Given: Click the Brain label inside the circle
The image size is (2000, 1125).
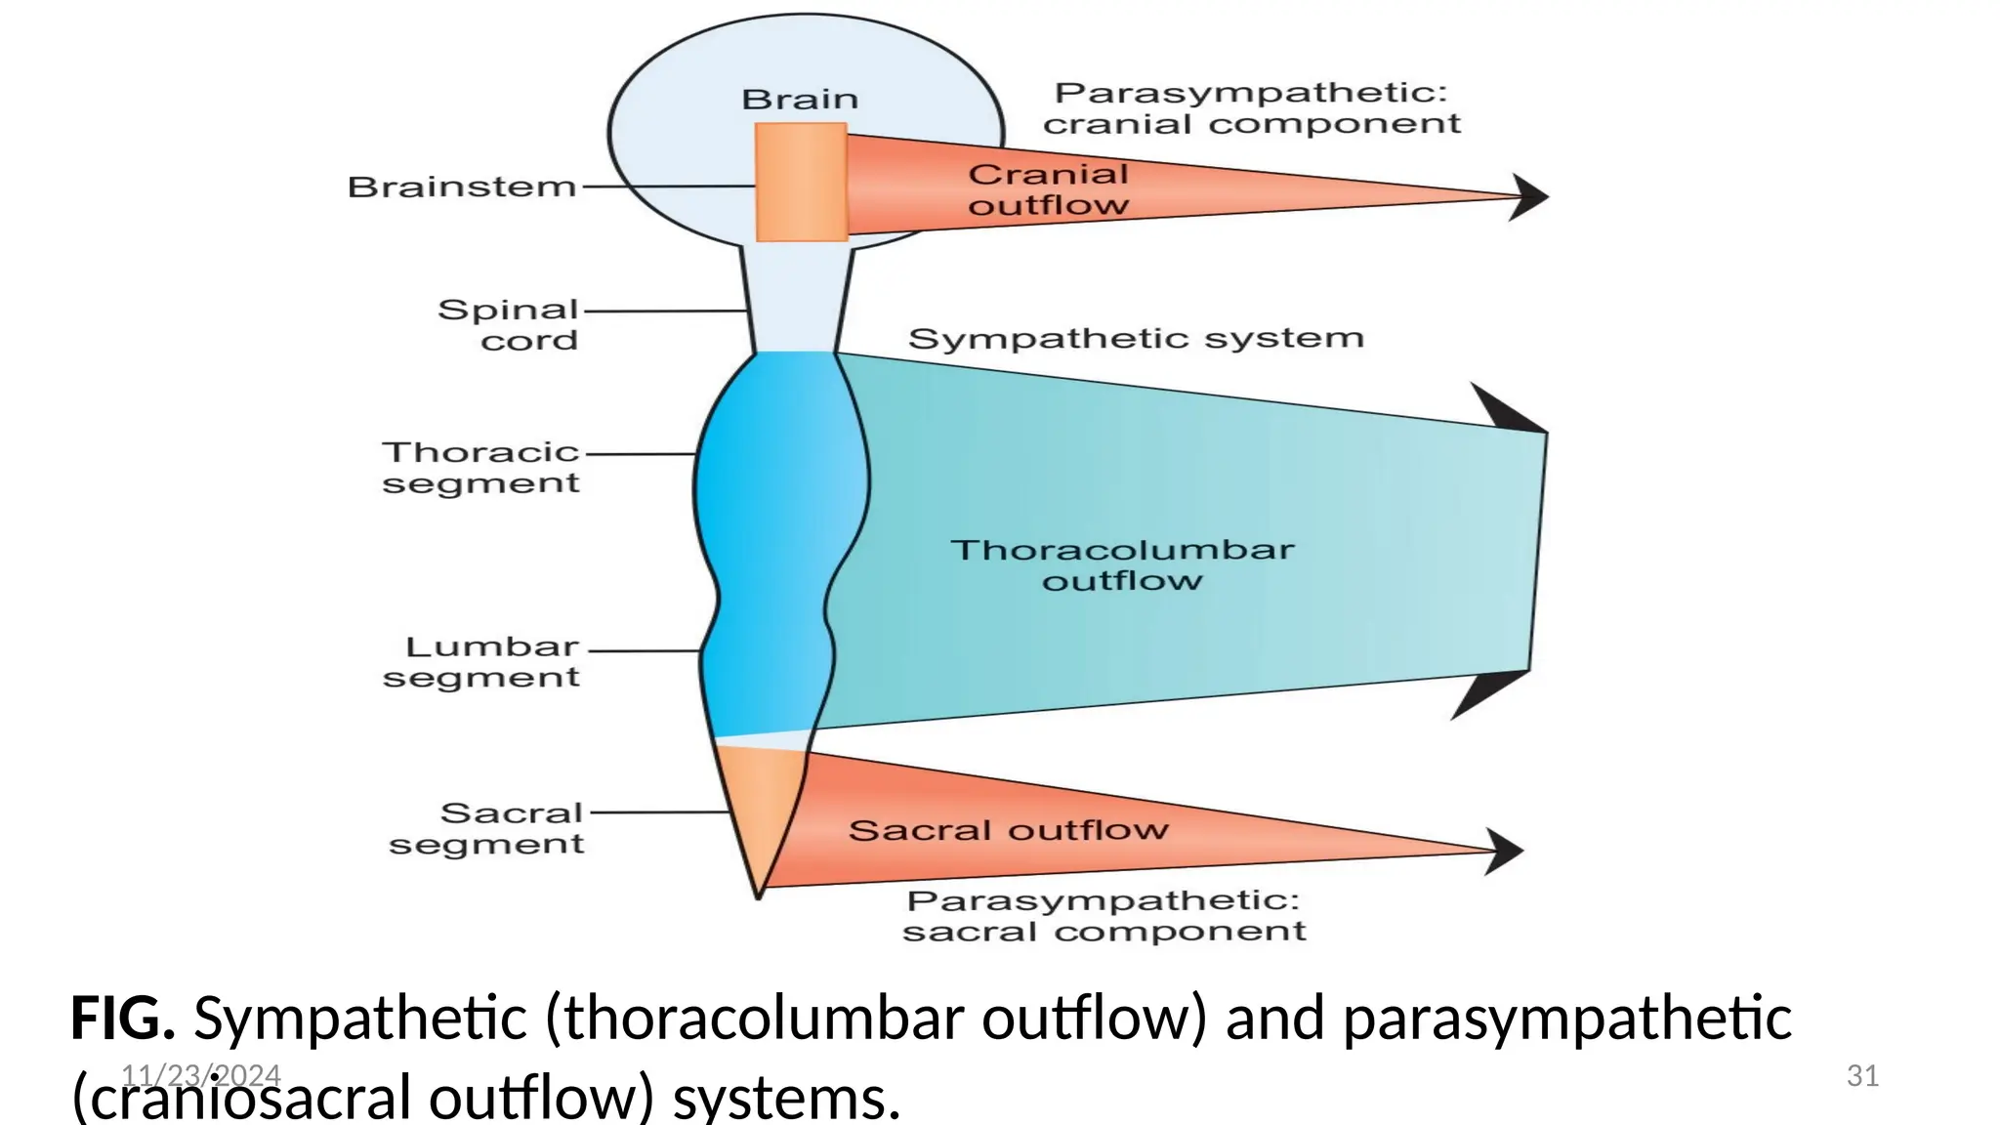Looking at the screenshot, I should click(800, 100).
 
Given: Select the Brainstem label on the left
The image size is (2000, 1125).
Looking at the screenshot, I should click(462, 187).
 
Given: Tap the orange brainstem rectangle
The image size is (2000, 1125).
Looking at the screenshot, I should click(801, 183).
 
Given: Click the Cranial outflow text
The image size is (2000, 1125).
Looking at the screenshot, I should click(1048, 189).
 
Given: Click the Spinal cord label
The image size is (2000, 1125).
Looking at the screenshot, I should click(508, 325).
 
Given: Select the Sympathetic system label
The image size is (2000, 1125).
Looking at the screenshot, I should click(1135, 339).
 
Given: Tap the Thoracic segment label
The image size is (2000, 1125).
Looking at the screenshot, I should click(480, 468).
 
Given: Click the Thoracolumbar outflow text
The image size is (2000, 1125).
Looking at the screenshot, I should click(1122, 564).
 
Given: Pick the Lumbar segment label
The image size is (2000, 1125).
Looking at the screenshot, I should click(481, 662).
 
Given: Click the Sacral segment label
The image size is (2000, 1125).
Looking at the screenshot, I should click(486, 828).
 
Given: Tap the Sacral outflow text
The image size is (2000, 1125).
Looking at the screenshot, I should click(1008, 831).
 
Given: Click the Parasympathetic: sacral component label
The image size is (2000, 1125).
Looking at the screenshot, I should click(1104, 916).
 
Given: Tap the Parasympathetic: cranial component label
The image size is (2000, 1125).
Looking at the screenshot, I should click(1251, 108).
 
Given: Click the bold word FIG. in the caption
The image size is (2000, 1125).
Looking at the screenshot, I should click(122, 1019).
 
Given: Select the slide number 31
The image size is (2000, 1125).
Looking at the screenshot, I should click(1862, 1076).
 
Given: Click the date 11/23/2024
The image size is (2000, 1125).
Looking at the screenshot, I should click(201, 1076).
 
